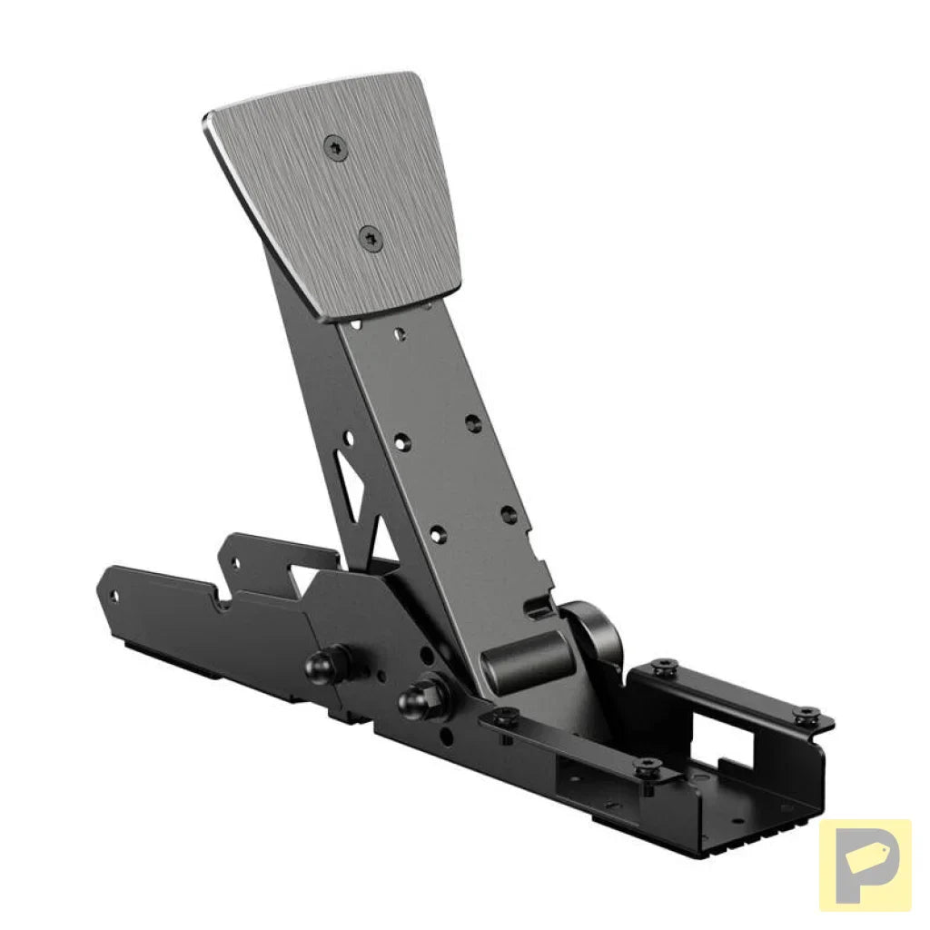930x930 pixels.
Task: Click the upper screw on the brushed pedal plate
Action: pyautogui.click(x=336, y=147)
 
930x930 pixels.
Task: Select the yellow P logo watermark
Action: pyautogui.click(x=865, y=865)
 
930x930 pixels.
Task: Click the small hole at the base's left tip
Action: pyautogui.click(x=114, y=596)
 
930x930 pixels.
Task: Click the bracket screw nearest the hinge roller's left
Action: pyautogui.click(x=505, y=717)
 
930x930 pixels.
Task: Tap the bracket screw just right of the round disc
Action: pyautogui.click(x=664, y=667)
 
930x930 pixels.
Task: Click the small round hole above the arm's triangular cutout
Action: pyautogui.click(x=348, y=438)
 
